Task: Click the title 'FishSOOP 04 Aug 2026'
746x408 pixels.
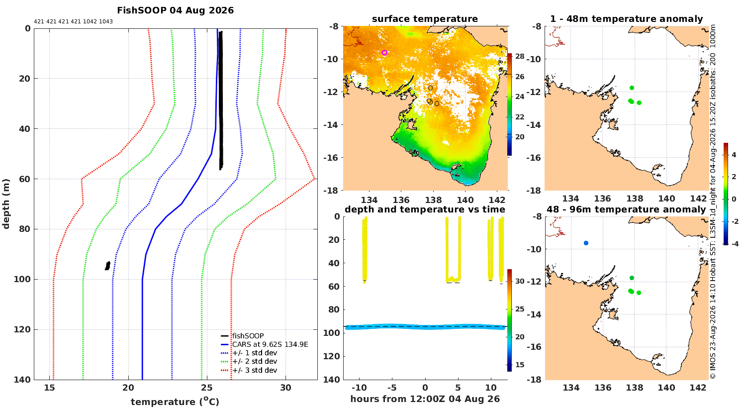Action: tap(175, 10)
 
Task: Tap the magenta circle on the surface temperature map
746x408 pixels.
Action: tap(384, 53)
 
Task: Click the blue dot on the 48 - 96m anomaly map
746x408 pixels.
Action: tap(586, 243)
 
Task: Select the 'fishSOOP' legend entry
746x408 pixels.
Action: tap(248, 336)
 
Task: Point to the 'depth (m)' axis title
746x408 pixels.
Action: tap(6, 204)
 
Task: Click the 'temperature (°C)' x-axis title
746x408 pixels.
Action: tap(175, 402)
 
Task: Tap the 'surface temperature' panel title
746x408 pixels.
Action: tap(425, 19)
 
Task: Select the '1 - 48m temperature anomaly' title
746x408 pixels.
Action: tap(627, 19)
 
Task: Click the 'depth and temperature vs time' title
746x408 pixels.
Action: tap(425, 209)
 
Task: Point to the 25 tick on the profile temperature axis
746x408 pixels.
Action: tap(207, 388)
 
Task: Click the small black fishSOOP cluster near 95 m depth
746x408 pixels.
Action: tap(107, 266)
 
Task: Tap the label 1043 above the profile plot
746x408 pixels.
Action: tap(106, 22)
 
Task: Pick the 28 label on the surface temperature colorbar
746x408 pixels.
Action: tap(520, 56)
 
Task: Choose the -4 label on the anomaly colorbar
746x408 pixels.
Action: tap(735, 244)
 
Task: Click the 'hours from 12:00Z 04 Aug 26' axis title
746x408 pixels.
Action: tap(425, 399)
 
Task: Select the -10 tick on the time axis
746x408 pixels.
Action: tap(359, 388)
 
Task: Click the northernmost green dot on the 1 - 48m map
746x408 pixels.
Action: tap(632, 88)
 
